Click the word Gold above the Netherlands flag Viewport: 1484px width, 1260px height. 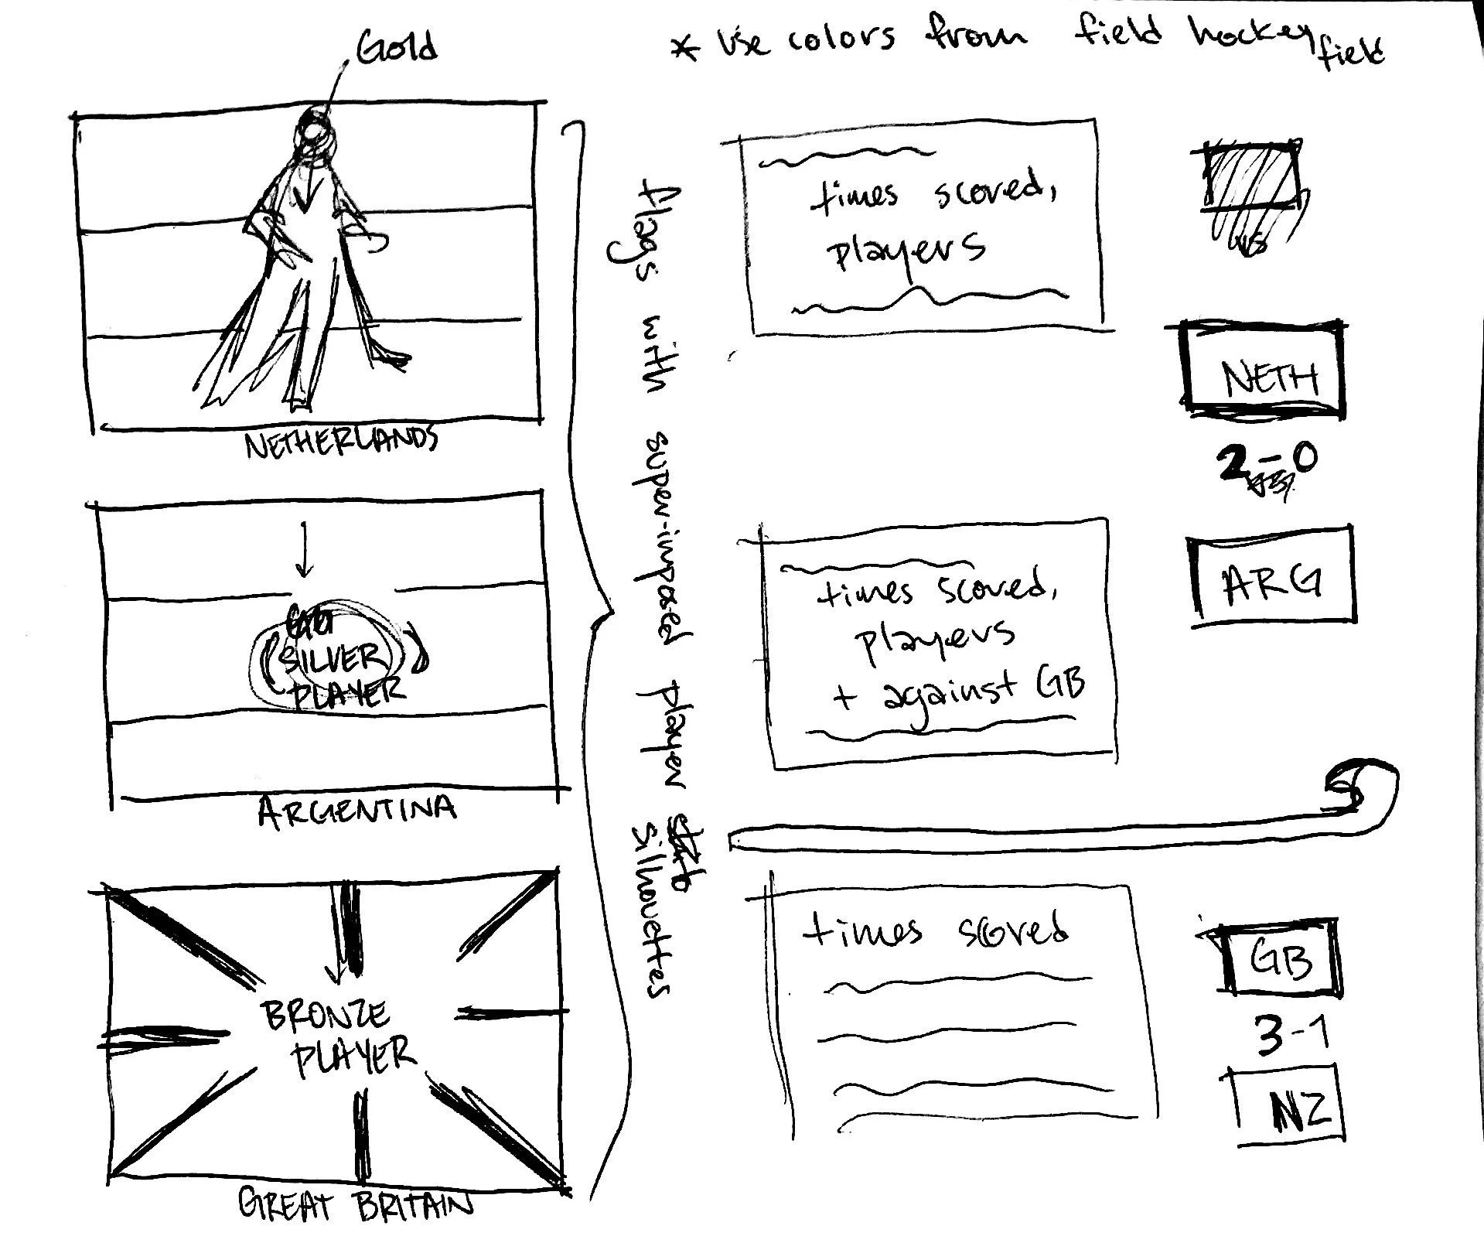click(397, 48)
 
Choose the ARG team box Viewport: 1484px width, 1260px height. click(1273, 576)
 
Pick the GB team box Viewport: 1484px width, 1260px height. click(1281, 958)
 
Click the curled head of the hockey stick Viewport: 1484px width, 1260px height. click(1363, 790)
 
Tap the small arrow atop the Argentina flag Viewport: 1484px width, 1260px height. click(305, 551)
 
